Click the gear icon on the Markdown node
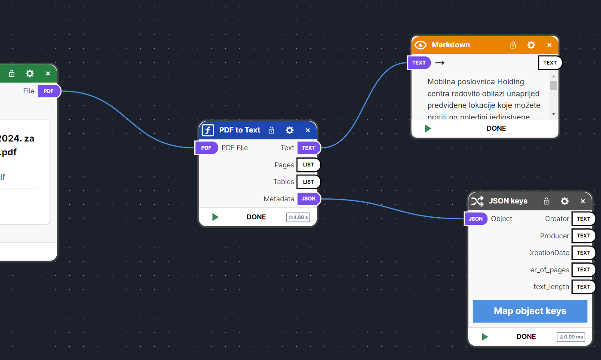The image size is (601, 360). pyautogui.click(x=531, y=45)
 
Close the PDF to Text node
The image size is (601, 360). pyautogui.click(x=308, y=130)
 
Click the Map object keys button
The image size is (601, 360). pyautogui.click(x=530, y=311)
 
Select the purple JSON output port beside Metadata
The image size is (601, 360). pyautogui.click(x=309, y=199)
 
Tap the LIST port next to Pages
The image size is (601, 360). pyautogui.click(x=309, y=165)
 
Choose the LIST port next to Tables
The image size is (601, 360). pyautogui.click(x=309, y=182)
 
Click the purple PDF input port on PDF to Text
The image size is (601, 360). pyautogui.click(x=206, y=148)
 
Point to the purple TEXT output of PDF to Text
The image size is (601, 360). pyautogui.click(x=309, y=148)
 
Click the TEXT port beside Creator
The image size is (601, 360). pyautogui.click(x=583, y=219)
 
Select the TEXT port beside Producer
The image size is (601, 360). pyautogui.click(x=583, y=236)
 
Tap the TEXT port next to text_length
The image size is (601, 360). pyautogui.click(x=583, y=287)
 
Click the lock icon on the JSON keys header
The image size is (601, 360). pyautogui.click(x=547, y=201)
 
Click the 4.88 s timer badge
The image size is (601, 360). pyautogui.click(x=298, y=217)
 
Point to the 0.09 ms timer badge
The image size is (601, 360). pyautogui.click(x=571, y=337)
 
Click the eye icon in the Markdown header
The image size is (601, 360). pyautogui.click(x=420, y=45)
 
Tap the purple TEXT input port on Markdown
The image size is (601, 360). pyautogui.click(x=419, y=63)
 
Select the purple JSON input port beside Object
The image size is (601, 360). pyautogui.click(x=475, y=219)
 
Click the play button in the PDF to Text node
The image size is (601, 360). pyautogui.click(x=215, y=217)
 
